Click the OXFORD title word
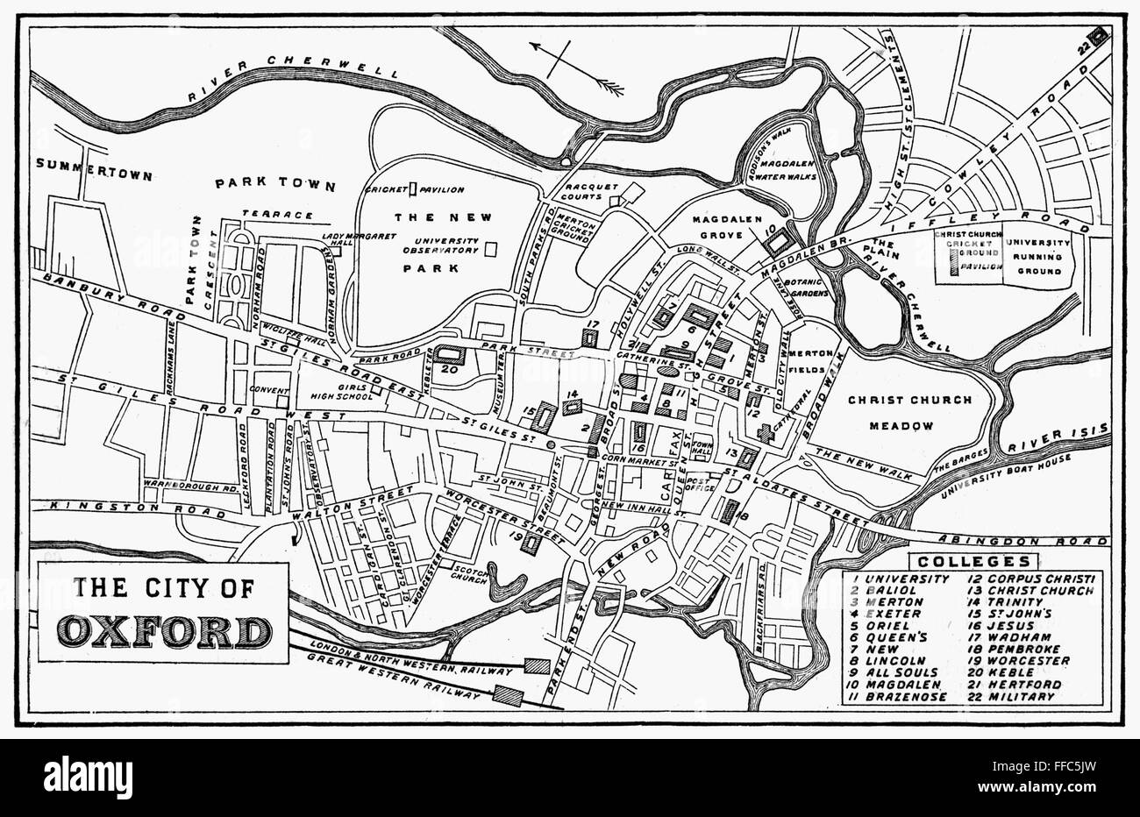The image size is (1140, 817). [164, 631]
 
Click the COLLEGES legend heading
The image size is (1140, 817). [973, 561]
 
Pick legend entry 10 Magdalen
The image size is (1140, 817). [887, 684]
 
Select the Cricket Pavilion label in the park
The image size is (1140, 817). [428, 189]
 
